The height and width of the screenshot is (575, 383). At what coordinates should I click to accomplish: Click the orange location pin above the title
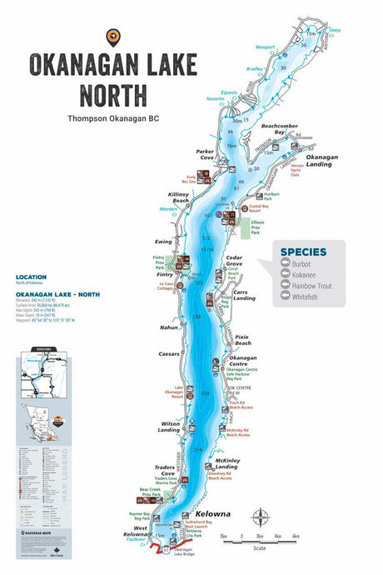[112, 37]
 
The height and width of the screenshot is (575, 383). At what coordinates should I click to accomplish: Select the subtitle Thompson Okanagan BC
[113, 119]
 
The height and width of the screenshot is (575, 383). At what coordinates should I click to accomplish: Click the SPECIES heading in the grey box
[302, 252]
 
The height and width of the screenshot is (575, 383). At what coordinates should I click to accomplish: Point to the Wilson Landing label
[170, 427]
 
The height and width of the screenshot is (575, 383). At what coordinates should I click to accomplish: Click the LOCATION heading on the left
[31, 277]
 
